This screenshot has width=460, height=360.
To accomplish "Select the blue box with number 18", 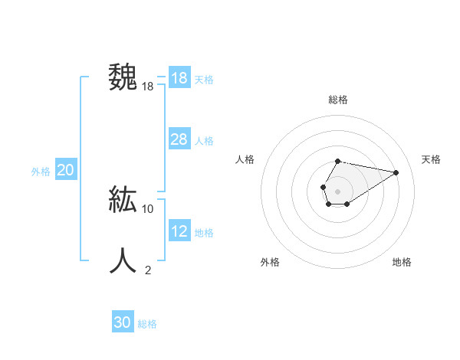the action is point(179,78).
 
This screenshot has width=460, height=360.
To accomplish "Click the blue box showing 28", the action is point(179,139).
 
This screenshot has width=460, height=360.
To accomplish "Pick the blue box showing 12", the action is point(179,231).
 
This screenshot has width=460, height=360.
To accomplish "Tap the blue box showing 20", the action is point(65,170).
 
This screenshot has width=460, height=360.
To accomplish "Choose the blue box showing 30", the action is point(123,322).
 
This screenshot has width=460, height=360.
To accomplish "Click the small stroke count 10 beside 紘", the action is point(148,208).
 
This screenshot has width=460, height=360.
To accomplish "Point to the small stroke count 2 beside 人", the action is point(148,270).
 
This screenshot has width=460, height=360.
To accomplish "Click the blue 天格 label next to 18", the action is point(204,80).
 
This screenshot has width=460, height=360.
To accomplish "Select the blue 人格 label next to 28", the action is point(204,141).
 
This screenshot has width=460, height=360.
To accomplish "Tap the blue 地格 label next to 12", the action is point(204,233).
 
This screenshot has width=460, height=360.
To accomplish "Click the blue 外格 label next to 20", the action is point(41,172).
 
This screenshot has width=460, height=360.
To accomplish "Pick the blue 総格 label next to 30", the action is point(147,324).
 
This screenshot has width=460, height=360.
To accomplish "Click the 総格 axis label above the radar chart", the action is point(338,100).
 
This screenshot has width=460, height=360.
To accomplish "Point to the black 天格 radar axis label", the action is point(431,159).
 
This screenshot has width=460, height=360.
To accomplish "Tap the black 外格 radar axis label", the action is point(270,262).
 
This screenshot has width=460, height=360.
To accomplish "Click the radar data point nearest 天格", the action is point(396,172).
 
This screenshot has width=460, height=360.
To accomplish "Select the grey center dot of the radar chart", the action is point(338,190).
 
